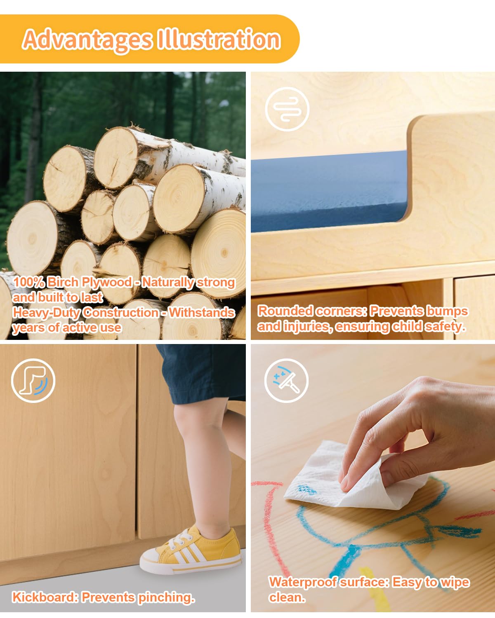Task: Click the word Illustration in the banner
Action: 219,39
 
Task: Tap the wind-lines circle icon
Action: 287,110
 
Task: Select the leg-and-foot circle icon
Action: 33,381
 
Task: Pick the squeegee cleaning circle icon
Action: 286,381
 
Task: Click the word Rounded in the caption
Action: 285,311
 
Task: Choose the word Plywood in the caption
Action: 107,282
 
